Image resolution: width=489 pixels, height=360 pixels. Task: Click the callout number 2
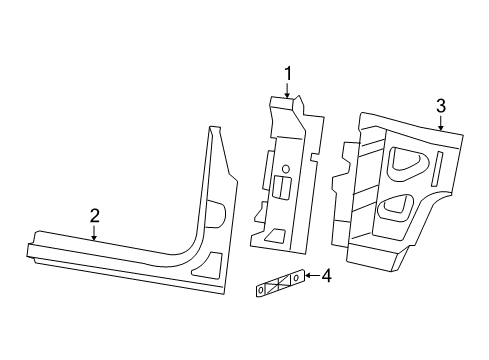pyautogui.click(x=94, y=215)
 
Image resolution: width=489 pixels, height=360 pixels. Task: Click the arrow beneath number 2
pyautogui.click(x=94, y=233)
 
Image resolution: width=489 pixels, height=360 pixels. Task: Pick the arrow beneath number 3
pyautogui.click(x=440, y=123)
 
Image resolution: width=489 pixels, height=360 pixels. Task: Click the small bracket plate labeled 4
pyautogui.click(x=278, y=284)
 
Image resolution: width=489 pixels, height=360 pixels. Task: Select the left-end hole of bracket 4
pyautogui.click(x=260, y=290)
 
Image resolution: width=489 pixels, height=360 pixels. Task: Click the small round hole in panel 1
pyautogui.click(x=286, y=167)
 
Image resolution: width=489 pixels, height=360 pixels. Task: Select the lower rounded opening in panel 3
pyautogui.click(x=395, y=207)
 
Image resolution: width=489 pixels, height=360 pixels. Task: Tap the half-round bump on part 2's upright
pyautogui.click(x=217, y=212)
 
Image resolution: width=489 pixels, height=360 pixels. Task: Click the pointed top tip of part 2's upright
pyautogui.click(x=210, y=128)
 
